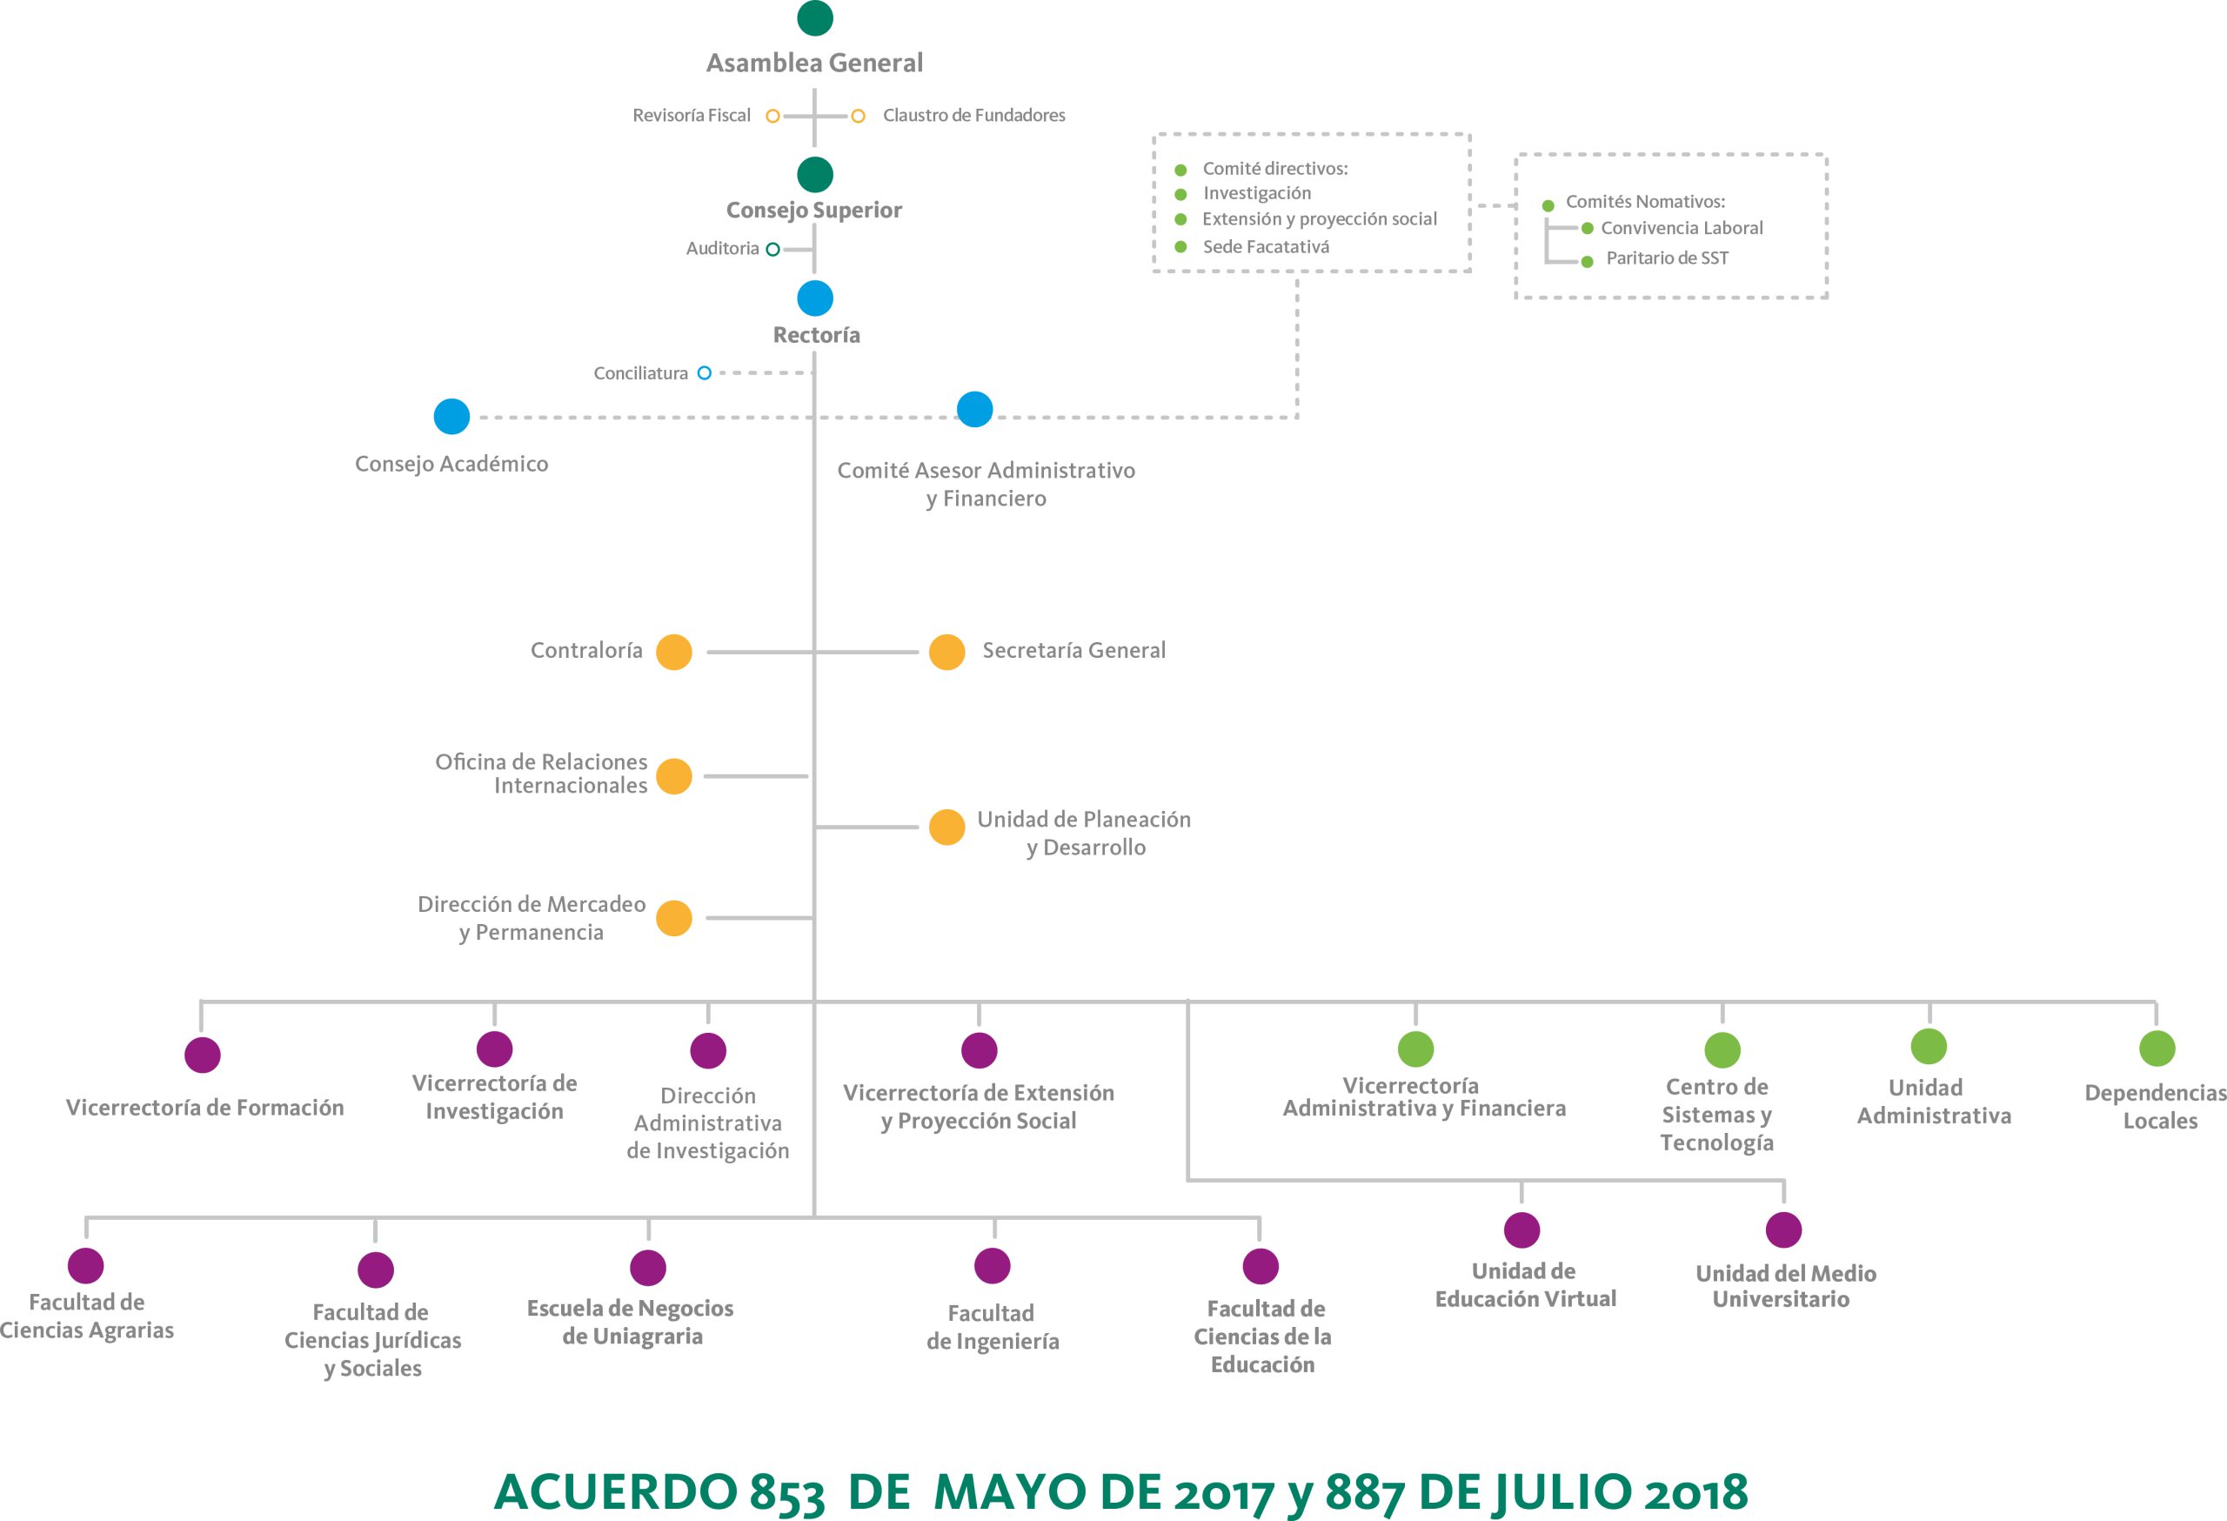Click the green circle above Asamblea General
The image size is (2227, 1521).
tap(814, 17)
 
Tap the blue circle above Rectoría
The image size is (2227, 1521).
tap(814, 298)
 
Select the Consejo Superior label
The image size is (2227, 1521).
tap(813, 210)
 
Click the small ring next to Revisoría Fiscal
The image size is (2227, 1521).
tap(772, 116)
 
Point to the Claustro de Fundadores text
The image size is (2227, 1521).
tap(973, 115)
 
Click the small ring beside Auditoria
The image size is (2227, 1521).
tap(772, 249)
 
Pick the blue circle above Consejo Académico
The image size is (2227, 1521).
tap(451, 417)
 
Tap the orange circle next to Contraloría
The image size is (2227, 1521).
tap(673, 652)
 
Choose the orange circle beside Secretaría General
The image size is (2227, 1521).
tap(946, 652)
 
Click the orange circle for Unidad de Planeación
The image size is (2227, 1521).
tap(946, 828)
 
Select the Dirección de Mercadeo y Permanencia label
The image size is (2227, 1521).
tap(532, 918)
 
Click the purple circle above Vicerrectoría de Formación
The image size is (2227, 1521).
tap(202, 1055)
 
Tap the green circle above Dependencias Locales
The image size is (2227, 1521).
tap(2157, 1048)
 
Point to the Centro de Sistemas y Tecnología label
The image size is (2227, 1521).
tap(1716, 1115)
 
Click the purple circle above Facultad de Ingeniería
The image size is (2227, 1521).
tap(992, 1265)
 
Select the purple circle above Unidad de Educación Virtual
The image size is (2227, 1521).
tap(1521, 1230)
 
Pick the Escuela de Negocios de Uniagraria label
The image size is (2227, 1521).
tap(631, 1322)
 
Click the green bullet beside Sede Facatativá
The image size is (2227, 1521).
tap(1180, 247)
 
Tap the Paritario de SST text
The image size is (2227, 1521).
tap(1668, 258)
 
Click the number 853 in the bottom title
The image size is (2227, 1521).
tap(786, 1491)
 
